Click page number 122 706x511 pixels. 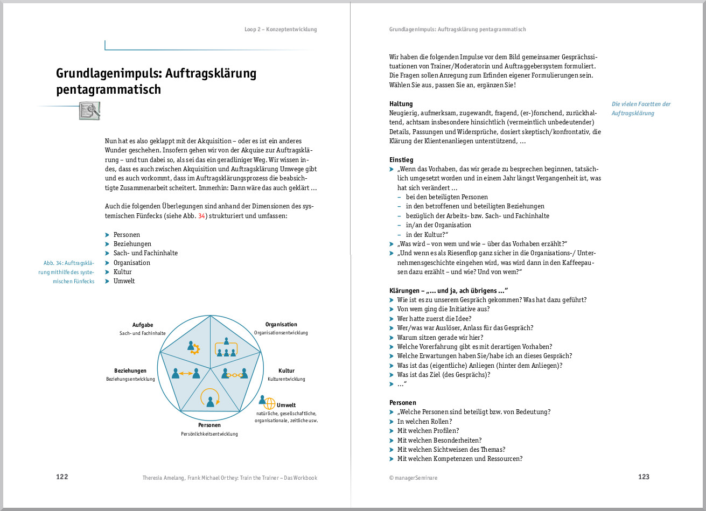62,477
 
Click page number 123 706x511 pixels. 644,477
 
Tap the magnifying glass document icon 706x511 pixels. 89,110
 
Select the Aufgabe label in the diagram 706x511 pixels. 143,325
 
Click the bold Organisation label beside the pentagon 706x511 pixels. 281,325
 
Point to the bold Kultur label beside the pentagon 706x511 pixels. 286,371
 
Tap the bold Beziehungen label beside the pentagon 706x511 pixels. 130,371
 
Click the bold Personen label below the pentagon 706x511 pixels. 209,425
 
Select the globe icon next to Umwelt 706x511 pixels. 269,403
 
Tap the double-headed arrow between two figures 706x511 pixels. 185,373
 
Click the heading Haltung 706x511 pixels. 401,104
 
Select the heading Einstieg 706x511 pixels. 401,160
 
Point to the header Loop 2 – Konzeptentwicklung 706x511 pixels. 281,30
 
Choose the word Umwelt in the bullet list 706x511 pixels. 124,281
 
